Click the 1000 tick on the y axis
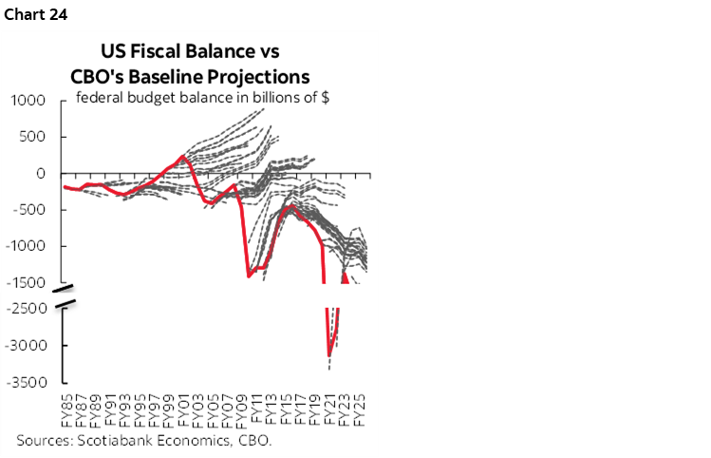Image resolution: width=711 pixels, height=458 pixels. (28, 100)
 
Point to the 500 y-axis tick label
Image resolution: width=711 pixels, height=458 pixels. (33, 137)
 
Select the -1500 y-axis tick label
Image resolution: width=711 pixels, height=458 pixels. (27, 283)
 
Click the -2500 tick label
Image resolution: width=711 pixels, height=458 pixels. (27, 309)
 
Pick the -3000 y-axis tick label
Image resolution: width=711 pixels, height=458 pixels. (27, 346)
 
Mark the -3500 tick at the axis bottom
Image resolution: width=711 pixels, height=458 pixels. (27, 383)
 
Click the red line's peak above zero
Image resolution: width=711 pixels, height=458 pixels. (182, 157)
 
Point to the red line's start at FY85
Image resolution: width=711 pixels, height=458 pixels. (65, 187)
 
